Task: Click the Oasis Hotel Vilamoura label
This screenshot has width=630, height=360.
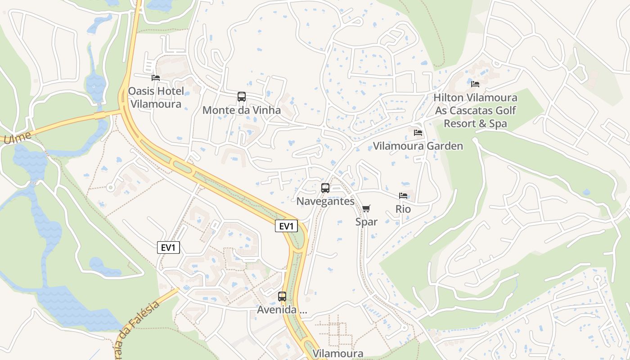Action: (156, 98)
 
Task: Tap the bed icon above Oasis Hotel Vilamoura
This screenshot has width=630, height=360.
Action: (156, 77)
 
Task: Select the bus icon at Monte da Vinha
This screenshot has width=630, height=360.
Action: (242, 97)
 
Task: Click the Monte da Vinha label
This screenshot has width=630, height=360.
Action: (242, 110)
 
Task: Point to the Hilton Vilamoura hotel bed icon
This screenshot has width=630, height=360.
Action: (475, 84)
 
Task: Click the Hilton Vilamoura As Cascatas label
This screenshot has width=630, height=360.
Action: (476, 110)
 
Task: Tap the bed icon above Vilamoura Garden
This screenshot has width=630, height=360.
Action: (418, 133)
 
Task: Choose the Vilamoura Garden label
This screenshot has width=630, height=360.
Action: (418, 146)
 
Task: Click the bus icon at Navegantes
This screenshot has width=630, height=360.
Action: (325, 188)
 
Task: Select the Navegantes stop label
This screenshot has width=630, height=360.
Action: (325, 201)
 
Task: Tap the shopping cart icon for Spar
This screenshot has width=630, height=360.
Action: (366, 208)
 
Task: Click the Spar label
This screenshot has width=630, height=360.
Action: (366, 221)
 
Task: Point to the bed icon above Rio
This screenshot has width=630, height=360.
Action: (403, 196)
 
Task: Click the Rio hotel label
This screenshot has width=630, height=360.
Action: (403, 209)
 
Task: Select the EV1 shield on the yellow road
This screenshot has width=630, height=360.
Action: (286, 226)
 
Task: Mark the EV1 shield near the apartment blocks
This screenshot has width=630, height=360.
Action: (168, 247)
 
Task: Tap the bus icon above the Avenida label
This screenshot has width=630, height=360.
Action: (282, 297)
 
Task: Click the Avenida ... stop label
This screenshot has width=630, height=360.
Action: (282, 310)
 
